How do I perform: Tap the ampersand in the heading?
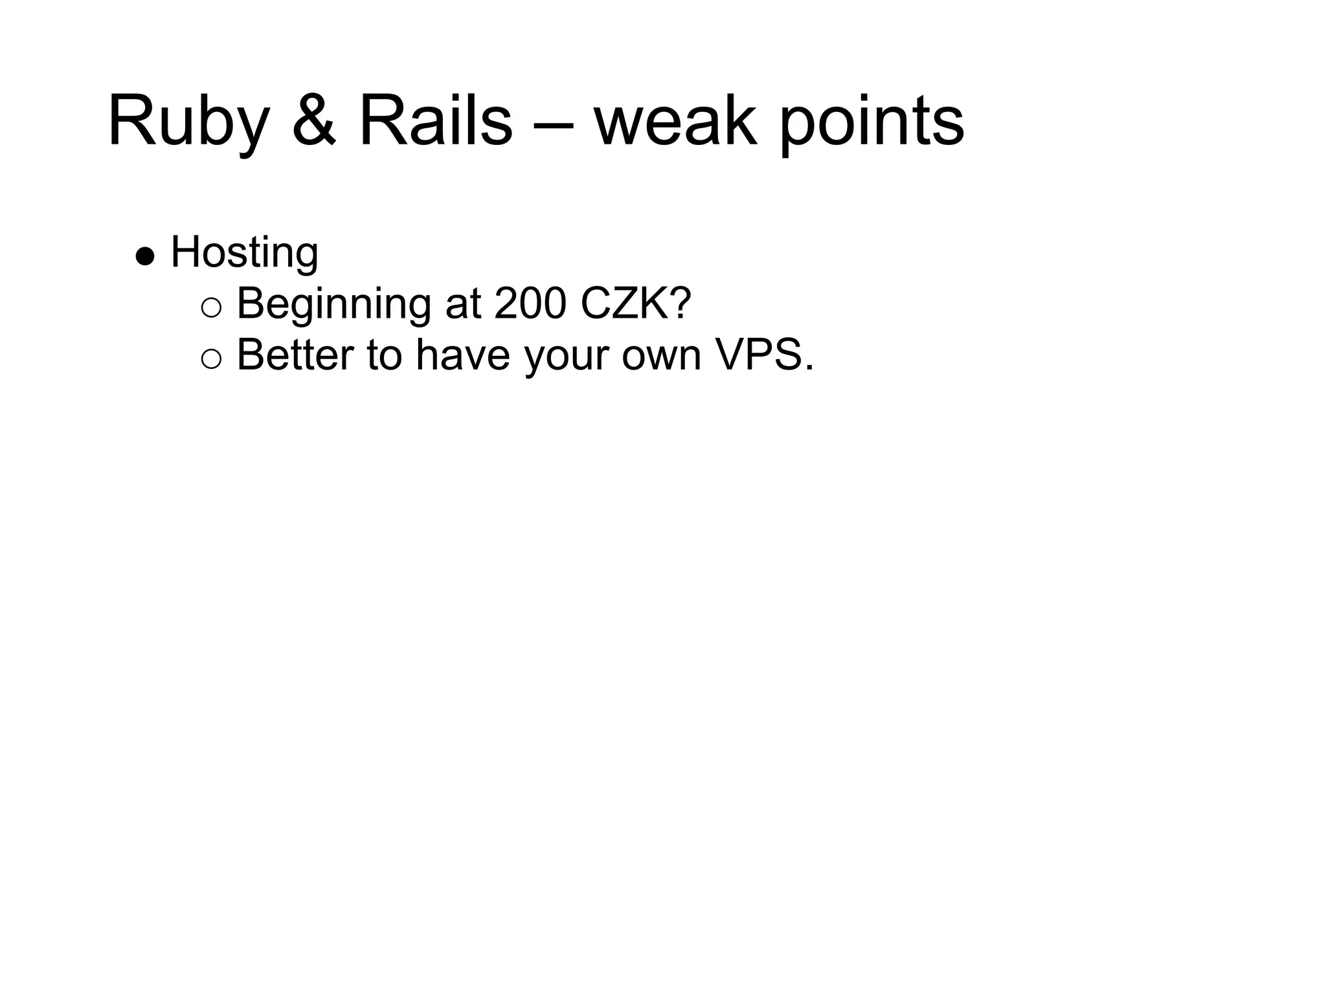tap(314, 122)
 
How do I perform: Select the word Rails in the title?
tap(435, 122)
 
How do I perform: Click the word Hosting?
tap(245, 253)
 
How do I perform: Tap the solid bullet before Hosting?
tap(145, 256)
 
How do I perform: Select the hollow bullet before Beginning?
tap(211, 308)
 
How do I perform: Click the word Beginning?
tap(334, 304)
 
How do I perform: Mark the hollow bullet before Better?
tap(211, 359)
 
